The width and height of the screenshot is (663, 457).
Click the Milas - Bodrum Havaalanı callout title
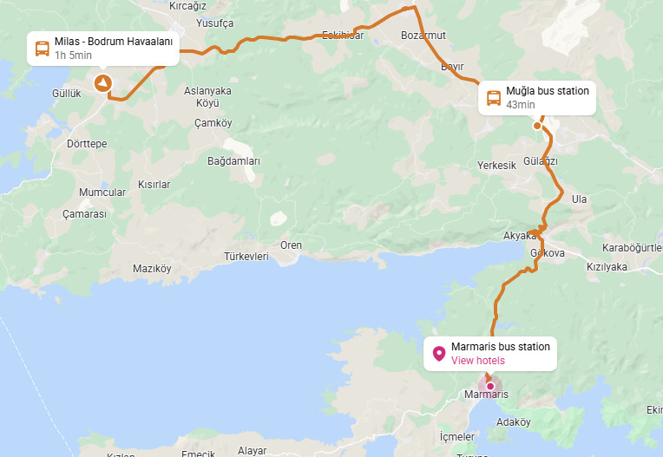tap(114, 42)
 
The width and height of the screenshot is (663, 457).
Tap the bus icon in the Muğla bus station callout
tap(493, 98)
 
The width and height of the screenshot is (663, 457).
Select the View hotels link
tap(477, 361)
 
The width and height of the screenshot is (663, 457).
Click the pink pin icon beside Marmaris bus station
tap(438, 354)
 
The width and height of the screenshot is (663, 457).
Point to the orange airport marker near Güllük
tap(102, 83)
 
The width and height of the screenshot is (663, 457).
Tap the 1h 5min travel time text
tap(74, 55)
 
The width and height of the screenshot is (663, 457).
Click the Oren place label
tap(291, 245)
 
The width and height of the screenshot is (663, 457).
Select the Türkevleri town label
tap(246, 257)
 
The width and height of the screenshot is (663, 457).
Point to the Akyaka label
tap(520, 236)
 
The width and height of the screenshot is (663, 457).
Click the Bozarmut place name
tap(423, 36)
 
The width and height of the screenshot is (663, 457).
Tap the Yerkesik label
tap(496, 166)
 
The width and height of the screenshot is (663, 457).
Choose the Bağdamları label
tap(233, 161)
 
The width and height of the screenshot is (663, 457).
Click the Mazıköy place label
tap(152, 269)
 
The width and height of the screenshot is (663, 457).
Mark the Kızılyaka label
tap(607, 267)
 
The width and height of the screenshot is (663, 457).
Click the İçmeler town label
tap(457, 436)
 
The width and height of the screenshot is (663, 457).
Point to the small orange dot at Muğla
tap(537, 126)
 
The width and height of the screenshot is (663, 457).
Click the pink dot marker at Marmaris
tap(490, 386)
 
